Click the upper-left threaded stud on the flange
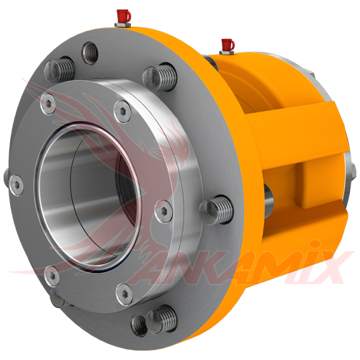point(59,71)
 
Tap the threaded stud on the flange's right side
point(217,210)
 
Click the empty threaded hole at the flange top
point(90,50)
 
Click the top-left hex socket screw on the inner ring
point(48,98)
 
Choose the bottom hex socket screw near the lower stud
point(123,291)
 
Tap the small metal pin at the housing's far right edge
point(352,171)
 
